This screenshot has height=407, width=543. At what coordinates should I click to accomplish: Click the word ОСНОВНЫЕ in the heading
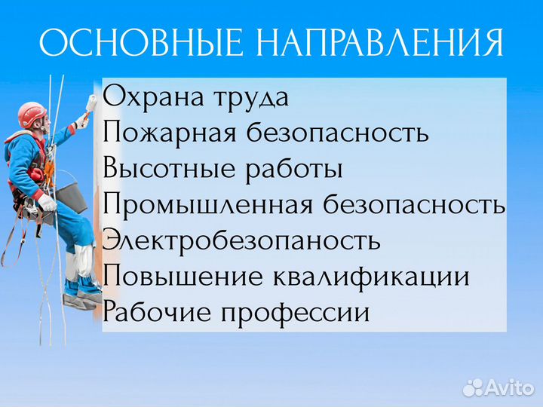[x=140, y=44]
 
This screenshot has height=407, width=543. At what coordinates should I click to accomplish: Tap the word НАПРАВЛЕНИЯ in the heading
[x=379, y=44]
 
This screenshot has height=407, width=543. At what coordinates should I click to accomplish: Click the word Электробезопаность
[x=241, y=241]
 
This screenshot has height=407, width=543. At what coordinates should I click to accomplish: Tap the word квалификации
[x=373, y=277]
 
